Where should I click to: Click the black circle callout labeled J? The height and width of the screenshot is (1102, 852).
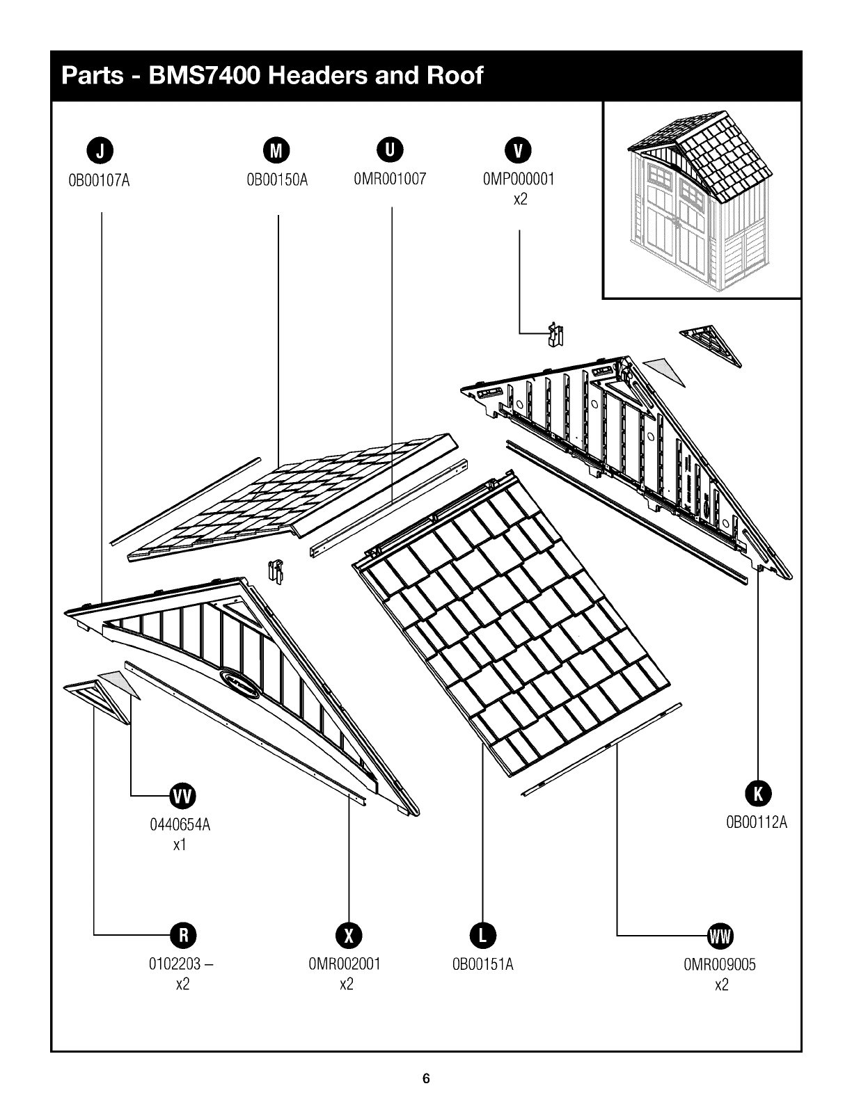click(x=100, y=150)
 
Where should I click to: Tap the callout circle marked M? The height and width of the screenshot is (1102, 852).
click(x=276, y=150)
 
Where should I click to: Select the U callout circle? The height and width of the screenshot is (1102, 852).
click(x=390, y=150)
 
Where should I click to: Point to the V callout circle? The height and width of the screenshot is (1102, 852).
click(x=518, y=150)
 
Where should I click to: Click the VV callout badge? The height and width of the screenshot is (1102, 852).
click(x=182, y=796)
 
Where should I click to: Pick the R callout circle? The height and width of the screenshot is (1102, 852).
click(x=183, y=934)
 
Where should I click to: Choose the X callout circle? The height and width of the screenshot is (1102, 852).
click(x=349, y=934)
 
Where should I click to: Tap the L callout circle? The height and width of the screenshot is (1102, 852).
click(x=482, y=934)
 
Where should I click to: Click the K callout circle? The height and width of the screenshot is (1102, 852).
click(x=758, y=794)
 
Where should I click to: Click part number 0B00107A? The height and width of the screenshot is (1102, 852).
click(x=100, y=181)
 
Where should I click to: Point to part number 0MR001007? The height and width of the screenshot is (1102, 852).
click(x=390, y=179)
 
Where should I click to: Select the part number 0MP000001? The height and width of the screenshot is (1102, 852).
click(x=519, y=179)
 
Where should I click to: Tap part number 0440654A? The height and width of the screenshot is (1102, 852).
click(x=180, y=825)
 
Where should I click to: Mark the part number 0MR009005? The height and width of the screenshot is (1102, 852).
click(x=720, y=964)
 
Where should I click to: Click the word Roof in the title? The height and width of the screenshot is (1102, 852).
click(x=455, y=76)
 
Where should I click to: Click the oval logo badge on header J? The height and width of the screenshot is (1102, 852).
click(x=239, y=683)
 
